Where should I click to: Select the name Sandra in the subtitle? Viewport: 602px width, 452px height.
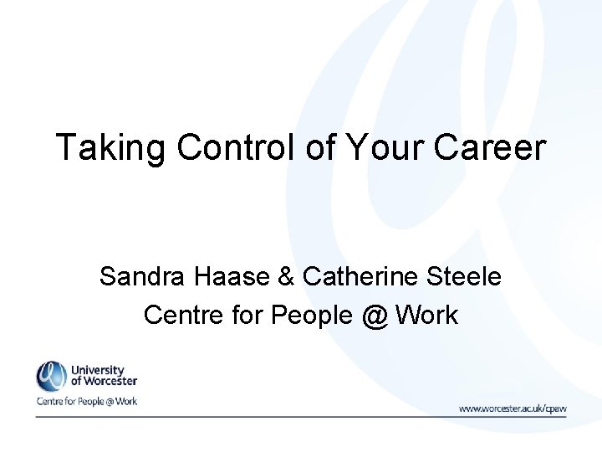coord(140,275)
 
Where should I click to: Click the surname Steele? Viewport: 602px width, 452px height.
coord(465,275)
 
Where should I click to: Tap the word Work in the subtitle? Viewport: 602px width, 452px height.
coord(426,315)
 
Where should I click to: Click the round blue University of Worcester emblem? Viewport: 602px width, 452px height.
coord(51,376)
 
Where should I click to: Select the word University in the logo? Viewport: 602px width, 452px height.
coord(98,370)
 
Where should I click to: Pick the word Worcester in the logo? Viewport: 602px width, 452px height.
coord(110,383)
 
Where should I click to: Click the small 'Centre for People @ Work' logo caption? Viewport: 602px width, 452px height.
coord(86,402)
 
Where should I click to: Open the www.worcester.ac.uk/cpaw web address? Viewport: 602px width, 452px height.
coord(513,408)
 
